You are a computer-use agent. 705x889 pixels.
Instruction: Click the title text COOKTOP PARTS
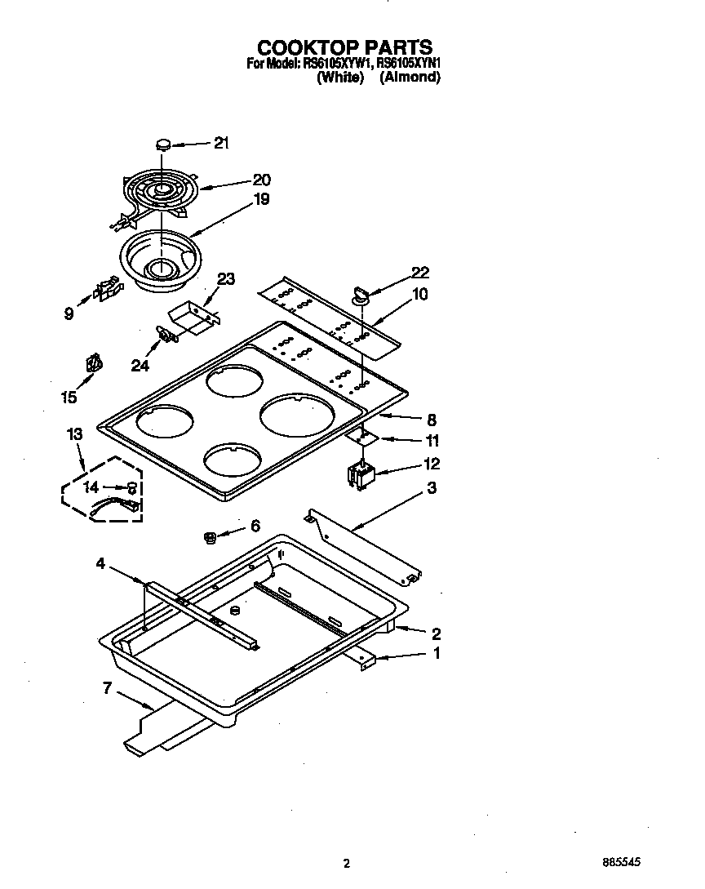[345, 47]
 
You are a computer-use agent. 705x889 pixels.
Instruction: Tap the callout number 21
[220, 144]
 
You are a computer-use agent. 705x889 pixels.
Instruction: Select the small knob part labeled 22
[360, 291]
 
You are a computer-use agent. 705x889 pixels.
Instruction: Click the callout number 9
[69, 312]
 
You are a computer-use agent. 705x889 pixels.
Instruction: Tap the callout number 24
[140, 367]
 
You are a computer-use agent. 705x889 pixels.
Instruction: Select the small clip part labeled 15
[95, 362]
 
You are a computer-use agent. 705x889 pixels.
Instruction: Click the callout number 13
[75, 435]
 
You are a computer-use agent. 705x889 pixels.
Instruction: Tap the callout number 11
[432, 441]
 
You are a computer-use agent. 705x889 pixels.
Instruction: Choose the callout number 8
[432, 420]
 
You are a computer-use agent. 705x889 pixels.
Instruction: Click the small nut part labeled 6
[209, 536]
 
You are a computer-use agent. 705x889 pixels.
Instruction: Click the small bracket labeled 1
[366, 659]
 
